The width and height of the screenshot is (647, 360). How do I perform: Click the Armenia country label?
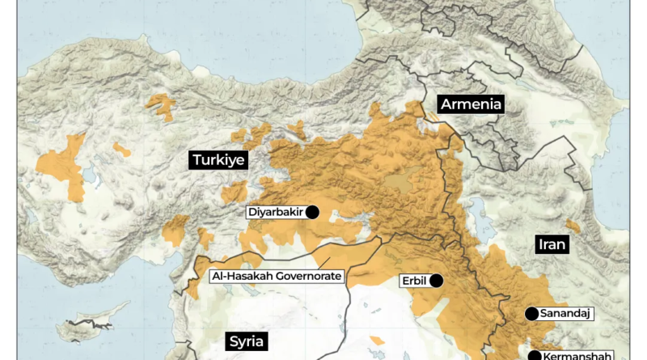[472, 104]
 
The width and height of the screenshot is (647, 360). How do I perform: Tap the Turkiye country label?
[218, 160]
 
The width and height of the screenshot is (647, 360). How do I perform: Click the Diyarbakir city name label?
[275, 213]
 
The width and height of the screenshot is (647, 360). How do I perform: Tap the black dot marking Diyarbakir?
[312, 212]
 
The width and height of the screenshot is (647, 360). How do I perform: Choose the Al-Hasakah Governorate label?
[276, 276]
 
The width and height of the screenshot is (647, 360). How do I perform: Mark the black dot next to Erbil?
[437, 281]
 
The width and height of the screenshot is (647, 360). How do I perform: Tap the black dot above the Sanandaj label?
[531, 313]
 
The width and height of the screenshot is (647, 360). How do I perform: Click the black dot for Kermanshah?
[534, 355]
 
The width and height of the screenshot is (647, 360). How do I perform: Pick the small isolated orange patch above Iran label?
[573, 227]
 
